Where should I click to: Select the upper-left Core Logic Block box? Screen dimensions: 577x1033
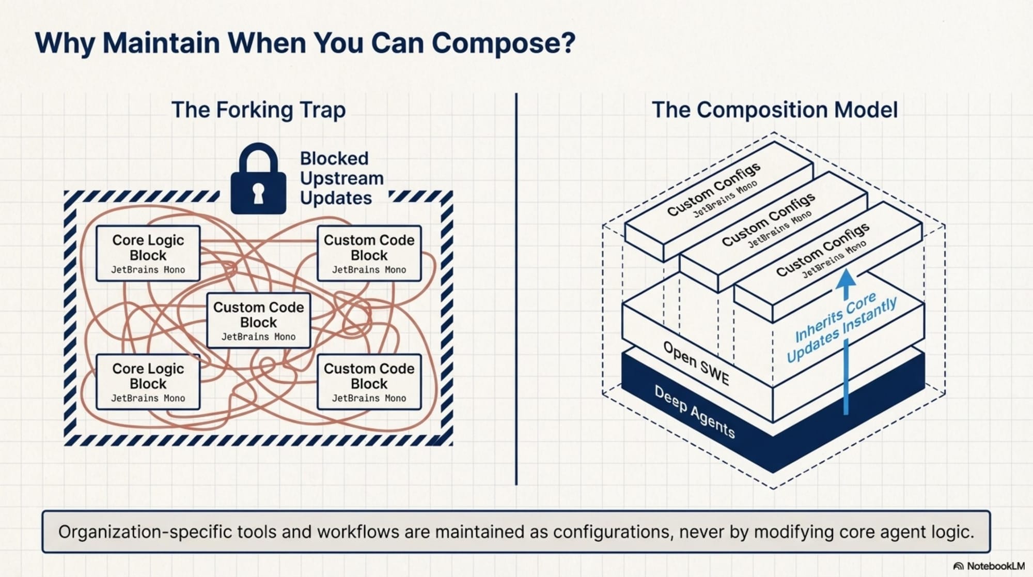click(x=148, y=253)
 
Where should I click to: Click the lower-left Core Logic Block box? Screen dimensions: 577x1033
click(x=148, y=382)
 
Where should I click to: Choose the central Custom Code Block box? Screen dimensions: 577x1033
click(x=258, y=321)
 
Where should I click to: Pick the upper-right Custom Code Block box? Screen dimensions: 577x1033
click(x=369, y=253)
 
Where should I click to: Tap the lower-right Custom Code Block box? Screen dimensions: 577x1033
click(x=369, y=382)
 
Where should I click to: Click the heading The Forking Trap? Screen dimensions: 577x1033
click(x=258, y=110)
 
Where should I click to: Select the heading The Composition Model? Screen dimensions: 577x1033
click(x=775, y=110)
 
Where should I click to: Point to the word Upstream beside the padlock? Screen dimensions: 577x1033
click(x=341, y=178)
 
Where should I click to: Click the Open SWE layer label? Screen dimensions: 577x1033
click(x=696, y=363)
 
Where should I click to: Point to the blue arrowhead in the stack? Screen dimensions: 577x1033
click(x=846, y=279)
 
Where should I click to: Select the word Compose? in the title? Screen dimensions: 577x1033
click(x=504, y=43)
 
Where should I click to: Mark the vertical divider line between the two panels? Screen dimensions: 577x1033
click(x=516, y=290)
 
